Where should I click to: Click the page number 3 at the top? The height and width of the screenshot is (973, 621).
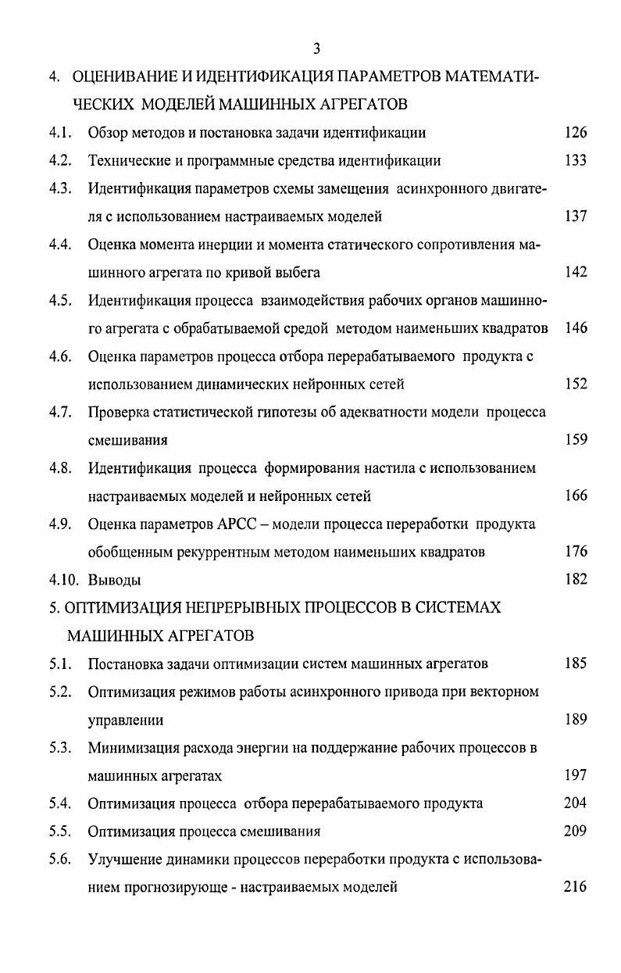pos(316,49)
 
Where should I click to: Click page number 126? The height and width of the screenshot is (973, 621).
pos(575,133)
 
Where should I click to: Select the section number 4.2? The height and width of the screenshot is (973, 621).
pos(60,161)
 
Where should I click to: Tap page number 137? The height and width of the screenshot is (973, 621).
pos(575,216)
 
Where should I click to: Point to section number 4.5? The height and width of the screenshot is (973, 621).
pos(60,300)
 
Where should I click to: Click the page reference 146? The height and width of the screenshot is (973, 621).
pos(575,328)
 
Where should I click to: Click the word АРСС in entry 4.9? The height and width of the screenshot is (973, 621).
pos(232,524)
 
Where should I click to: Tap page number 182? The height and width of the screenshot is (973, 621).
pos(575,579)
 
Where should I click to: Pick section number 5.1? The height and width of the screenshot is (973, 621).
pos(60,664)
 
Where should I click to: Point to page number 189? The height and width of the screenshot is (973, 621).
pos(575,719)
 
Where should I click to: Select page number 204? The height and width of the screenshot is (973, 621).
pos(575,803)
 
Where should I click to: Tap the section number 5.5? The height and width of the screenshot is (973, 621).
pos(60,832)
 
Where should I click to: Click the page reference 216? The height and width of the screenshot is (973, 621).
pos(575,887)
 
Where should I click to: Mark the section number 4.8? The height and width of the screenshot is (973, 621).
pos(60,468)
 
